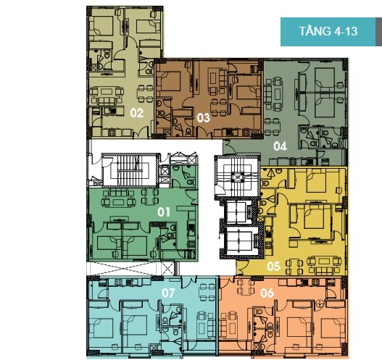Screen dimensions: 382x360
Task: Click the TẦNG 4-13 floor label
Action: click(x=328, y=32)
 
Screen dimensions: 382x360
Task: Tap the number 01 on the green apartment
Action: click(x=164, y=212)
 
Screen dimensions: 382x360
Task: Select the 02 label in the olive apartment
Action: click(x=137, y=113)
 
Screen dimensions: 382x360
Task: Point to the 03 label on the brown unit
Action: click(x=203, y=118)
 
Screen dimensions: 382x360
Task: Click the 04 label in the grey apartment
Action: click(x=280, y=146)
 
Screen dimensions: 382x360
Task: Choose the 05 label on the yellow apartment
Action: click(x=273, y=267)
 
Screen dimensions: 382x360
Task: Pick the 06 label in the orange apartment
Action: click(x=267, y=293)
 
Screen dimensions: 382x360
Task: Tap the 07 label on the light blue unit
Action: click(x=168, y=293)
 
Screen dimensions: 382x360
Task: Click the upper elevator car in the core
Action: click(x=237, y=212)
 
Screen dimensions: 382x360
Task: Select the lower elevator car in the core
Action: click(x=239, y=240)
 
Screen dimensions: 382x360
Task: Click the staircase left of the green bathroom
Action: click(x=129, y=170)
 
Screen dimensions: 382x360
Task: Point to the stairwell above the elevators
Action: click(x=236, y=177)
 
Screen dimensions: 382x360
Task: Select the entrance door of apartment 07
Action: click(x=189, y=280)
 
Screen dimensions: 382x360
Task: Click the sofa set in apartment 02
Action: click(x=107, y=96)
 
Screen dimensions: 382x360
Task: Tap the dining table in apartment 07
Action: click(x=207, y=292)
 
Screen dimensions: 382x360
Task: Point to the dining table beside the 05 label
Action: click(x=294, y=267)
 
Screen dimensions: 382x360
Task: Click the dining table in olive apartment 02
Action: click(x=146, y=93)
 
